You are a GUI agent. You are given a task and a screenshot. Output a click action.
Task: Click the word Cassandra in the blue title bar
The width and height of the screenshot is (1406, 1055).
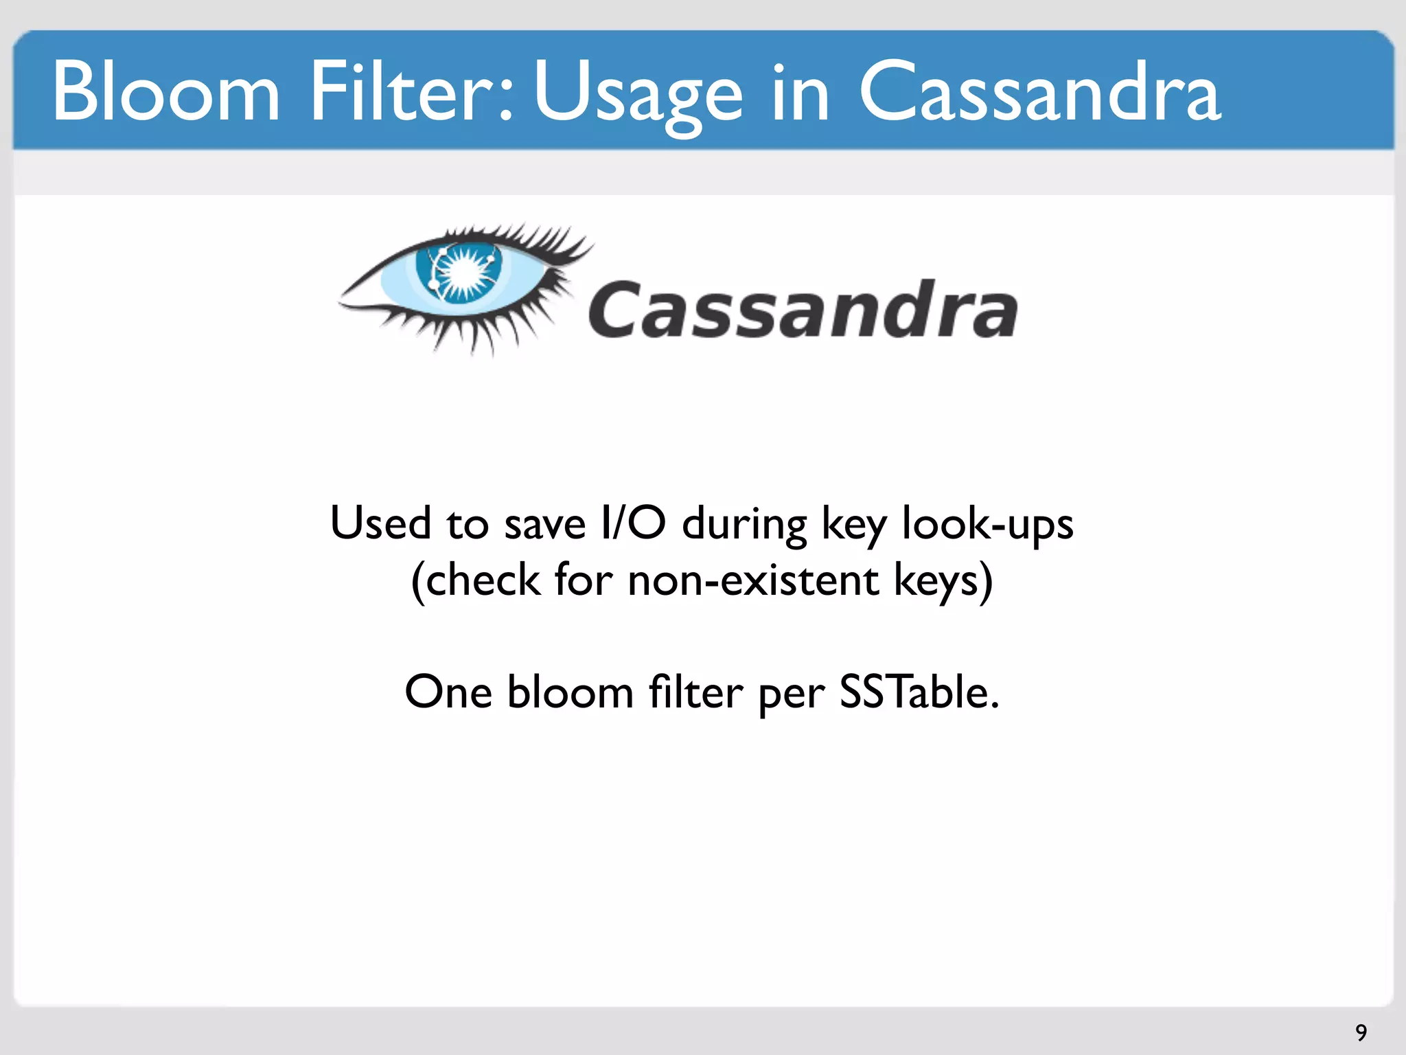click(x=1039, y=91)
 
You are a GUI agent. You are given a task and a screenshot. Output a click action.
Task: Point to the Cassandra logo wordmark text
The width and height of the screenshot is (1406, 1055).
click(x=803, y=310)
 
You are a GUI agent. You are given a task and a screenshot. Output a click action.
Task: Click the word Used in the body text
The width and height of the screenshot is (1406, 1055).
click(x=380, y=523)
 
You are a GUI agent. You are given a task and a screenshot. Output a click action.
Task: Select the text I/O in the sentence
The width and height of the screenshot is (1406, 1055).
click(x=632, y=523)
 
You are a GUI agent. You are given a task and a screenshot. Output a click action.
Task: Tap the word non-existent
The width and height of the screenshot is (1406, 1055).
click(x=753, y=580)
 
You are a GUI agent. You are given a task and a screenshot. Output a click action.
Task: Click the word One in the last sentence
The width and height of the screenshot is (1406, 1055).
click(x=448, y=692)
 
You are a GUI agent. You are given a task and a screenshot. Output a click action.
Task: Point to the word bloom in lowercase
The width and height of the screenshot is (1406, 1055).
click(x=570, y=692)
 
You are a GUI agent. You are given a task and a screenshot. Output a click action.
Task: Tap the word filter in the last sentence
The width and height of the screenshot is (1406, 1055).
click(x=695, y=692)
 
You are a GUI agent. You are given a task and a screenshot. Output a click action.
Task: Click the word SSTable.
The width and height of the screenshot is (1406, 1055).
click(x=919, y=692)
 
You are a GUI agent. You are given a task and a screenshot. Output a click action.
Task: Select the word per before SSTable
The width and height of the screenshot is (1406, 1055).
click(x=791, y=695)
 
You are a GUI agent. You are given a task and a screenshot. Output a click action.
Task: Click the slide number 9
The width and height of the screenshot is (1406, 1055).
click(x=1361, y=1032)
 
